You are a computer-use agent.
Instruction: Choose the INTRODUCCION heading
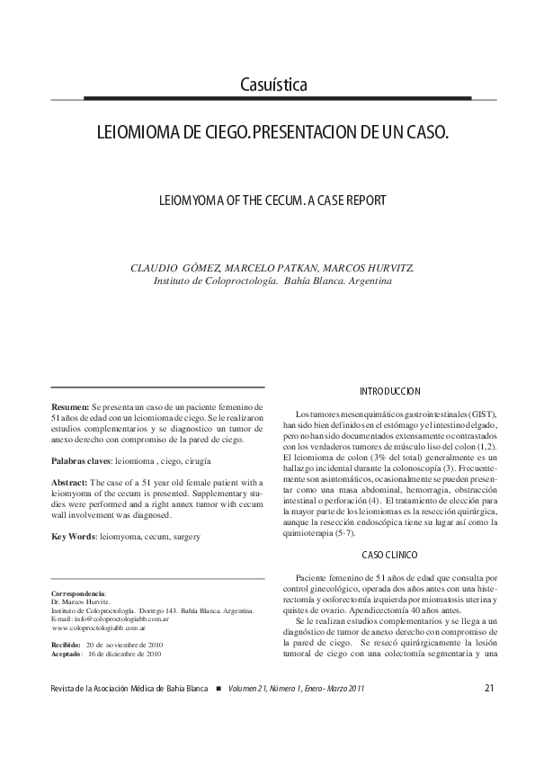pos(389,392)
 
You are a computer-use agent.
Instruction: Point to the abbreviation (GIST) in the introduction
pos(477,413)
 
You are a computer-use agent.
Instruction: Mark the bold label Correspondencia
pos(79,594)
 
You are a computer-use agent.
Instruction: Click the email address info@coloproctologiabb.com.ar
pos(122,619)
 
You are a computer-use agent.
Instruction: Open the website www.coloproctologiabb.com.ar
pos(97,628)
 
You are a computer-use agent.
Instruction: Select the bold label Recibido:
pos(67,645)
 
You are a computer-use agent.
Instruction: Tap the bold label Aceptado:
pos(68,654)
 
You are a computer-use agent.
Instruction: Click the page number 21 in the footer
pos(489,689)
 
